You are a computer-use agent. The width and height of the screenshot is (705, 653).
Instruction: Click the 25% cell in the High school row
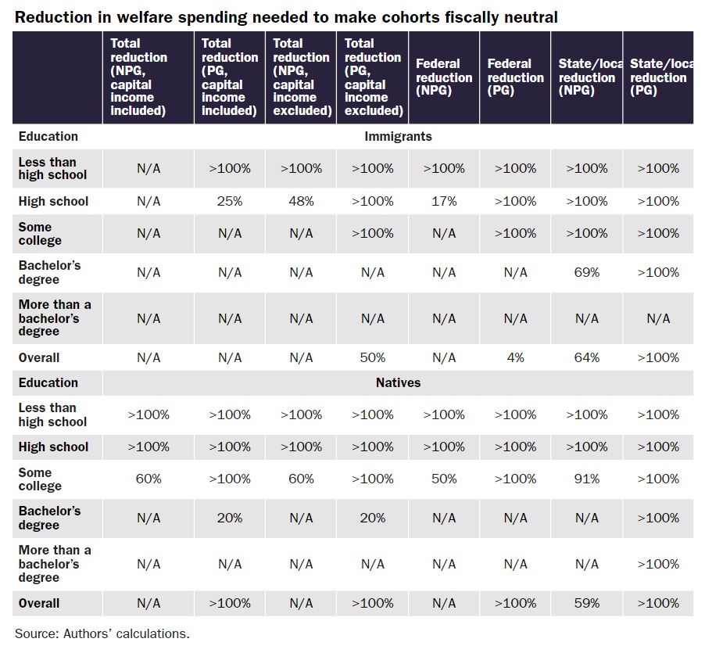229,201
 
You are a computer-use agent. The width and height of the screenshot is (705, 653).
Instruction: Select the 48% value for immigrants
301,201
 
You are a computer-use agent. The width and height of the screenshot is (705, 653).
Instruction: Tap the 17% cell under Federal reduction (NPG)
444,201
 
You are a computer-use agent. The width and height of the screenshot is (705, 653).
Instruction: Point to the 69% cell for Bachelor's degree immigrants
587,272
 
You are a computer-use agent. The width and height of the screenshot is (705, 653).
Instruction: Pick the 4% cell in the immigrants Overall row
515,357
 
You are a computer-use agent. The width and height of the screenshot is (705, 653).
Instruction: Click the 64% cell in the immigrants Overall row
587,357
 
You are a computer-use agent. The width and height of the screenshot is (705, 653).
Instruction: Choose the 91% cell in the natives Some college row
587,479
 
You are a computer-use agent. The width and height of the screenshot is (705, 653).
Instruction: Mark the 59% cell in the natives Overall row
587,603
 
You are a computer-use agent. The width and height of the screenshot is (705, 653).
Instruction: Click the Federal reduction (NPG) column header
444,77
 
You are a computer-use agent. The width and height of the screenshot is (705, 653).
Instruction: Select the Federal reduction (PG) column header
515,77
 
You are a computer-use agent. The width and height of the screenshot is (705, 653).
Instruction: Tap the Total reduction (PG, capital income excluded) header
373,77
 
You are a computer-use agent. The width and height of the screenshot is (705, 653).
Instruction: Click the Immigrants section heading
398,136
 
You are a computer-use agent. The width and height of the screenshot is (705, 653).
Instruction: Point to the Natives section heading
398,382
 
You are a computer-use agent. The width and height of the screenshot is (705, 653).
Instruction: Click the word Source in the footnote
35,633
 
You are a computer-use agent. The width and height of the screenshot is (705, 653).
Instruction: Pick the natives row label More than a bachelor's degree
55,564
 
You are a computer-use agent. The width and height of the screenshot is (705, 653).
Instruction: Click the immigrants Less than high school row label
52,168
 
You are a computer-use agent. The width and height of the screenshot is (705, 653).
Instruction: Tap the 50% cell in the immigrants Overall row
372,357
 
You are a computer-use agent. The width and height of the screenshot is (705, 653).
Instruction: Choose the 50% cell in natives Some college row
444,479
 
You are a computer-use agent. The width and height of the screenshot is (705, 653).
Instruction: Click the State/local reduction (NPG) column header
587,77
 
